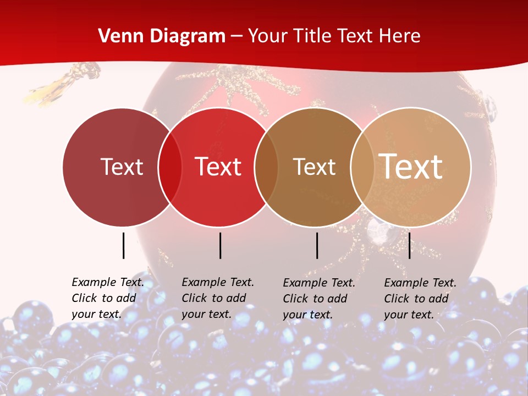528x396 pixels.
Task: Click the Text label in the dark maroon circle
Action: pyautogui.click(x=122, y=167)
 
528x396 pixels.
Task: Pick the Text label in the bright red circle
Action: pyautogui.click(x=218, y=167)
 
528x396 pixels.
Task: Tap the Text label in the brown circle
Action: pyautogui.click(x=314, y=167)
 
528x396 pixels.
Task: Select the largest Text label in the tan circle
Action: pyautogui.click(x=411, y=167)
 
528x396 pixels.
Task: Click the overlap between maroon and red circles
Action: pyautogui.click(x=170, y=167)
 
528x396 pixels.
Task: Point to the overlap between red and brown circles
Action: pyautogui.click(x=266, y=167)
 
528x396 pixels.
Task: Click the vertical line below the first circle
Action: pyautogui.click(x=123, y=245)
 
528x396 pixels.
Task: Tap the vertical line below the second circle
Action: pyautogui.click(x=220, y=245)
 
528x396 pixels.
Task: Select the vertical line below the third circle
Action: pyautogui.click(x=317, y=245)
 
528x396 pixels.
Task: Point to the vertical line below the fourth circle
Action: pyautogui.click(x=409, y=245)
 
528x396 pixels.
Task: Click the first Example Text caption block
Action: pyautogui.click(x=108, y=298)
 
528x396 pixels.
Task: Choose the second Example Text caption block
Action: pyautogui.click(x=218, y=298)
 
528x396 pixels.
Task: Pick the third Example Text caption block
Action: pyautogui.click(x=319, y=299)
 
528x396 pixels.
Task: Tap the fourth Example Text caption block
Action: pyautogui.click(x=420, y=299)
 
